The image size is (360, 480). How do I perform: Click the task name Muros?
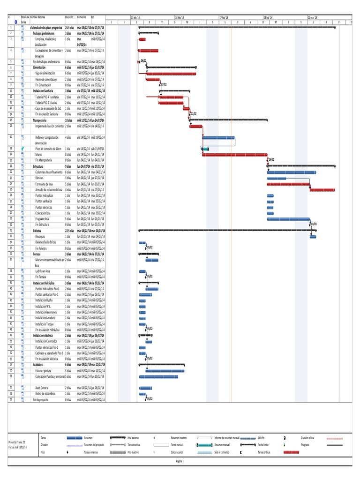pyautogui.click(x=38, y=154)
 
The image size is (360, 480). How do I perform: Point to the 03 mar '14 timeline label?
pyautogui.click(x=313, y=17)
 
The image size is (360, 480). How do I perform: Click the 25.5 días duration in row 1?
pyautogui.click(x=70, y=28)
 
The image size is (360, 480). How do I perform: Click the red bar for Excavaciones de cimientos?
pyautogui.click(x=149, y=51)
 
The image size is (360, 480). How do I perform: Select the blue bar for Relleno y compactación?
pyautogui.click(x=218, y=138)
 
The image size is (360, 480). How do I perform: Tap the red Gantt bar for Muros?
pyautogui.click(x=234, y=155)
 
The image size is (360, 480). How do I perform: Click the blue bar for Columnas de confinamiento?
pyautogui.click(x=291, y=172)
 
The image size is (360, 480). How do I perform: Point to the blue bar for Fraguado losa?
pyautogui.click(x=288, y=218)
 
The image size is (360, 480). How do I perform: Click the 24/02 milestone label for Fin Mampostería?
pyautogui.click(x=271, y=160)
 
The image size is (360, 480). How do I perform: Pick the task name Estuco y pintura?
pyautogui.click(x=45, y=370)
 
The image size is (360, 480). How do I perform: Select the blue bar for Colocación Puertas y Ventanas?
pyautogui.click(x=158, y=376)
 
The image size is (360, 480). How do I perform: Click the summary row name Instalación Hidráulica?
pyautogui.click(x=44, y=284)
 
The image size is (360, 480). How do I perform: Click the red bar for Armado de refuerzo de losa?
pyautogui.click(x=322, y=190)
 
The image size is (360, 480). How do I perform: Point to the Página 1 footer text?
pyautogui.click(x=180, y=461)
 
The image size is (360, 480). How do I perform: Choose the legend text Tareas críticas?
pyautogui.click(x=264, y=452)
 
